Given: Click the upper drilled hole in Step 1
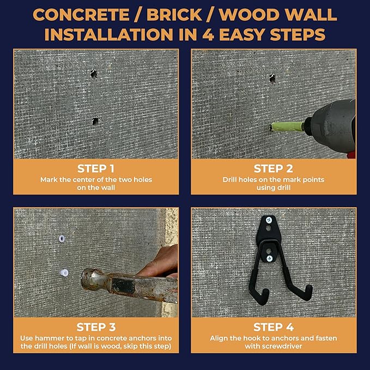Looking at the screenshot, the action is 94,74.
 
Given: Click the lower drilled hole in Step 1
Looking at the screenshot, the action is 95,121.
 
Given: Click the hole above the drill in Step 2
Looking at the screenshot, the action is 272,78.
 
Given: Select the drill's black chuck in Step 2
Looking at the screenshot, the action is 308,125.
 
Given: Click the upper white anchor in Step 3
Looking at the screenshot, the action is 62,239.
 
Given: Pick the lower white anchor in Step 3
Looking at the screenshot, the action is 64,273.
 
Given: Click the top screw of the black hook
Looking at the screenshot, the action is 269,220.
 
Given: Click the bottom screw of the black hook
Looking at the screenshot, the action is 269,258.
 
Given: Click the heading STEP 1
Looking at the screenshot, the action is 96,168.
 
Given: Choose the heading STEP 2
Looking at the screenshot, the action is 273,168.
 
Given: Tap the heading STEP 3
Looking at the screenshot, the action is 96,327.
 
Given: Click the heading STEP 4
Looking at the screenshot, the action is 274,327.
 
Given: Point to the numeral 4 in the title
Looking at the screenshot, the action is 208,35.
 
